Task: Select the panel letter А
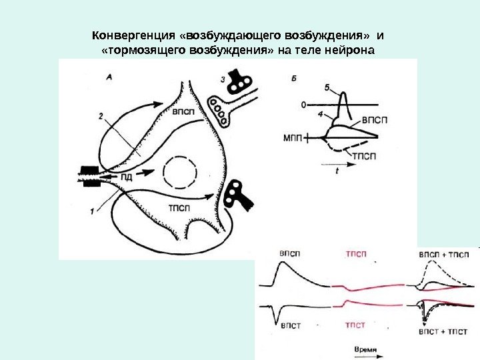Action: point(109,77)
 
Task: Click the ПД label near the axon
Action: point(127,177)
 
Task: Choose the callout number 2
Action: point(101,115)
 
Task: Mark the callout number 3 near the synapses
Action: point(223,79)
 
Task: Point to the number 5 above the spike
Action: point(327,87)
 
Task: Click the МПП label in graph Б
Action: point(293,138)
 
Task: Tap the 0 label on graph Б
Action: point(304,105)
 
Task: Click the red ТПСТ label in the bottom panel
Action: point(355,325)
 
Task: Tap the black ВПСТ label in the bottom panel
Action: point(290,326)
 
